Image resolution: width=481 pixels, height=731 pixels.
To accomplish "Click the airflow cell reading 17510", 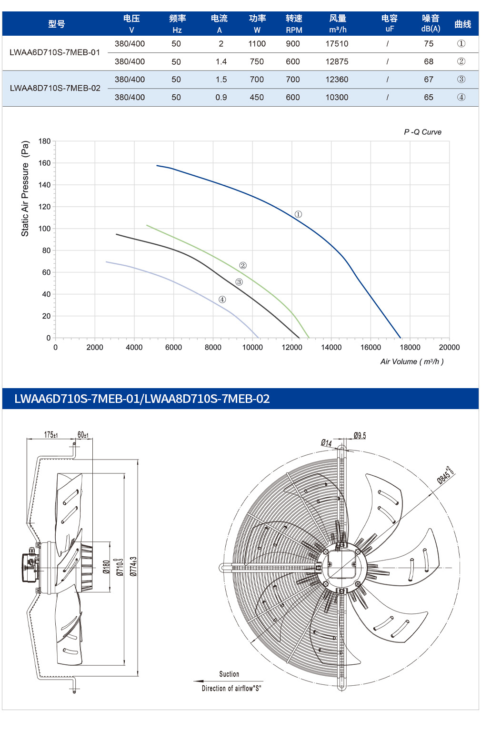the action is (x=337, y=44).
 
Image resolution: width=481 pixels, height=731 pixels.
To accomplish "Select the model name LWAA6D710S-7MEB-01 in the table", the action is (x=55, y=52).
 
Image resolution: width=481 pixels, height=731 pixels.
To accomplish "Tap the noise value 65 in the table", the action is (x=429, y=97).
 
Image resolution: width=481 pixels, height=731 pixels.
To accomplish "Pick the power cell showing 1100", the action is (x=257, y=44).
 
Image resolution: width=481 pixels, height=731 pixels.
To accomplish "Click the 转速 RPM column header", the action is (x=294, y=24).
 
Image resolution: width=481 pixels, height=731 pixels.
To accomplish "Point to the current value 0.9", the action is (x=221, y=97).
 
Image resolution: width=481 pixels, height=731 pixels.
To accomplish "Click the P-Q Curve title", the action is (x=422, y=132).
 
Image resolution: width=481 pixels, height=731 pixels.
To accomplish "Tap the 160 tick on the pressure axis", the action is (x=45, y=163).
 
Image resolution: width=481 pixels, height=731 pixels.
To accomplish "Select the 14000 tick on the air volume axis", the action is (x=331, y=347).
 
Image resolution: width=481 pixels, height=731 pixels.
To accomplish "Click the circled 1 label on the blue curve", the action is (x=298, y=214).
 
